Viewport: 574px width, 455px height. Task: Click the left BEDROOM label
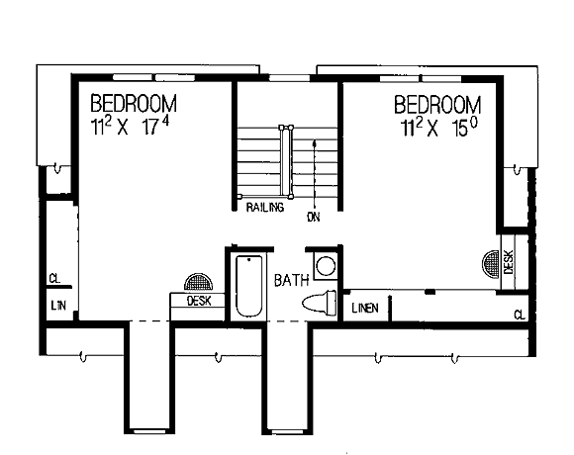click(134, 103)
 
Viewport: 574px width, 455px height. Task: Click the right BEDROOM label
click(437, 105)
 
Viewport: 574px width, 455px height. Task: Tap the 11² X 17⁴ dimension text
click(131, 127)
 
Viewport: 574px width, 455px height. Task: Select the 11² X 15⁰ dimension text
click(439, 128)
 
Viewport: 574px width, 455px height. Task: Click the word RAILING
click(265, 208)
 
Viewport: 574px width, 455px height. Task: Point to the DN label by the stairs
click(314, 218)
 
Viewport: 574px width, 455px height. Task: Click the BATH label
click(291, 280)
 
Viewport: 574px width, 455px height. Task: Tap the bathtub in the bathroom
click(249, 286)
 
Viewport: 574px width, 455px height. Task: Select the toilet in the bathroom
click(320, 303)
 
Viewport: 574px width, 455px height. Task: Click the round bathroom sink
click(326, 266)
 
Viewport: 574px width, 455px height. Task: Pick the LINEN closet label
click(365, 309)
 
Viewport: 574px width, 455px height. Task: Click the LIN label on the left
click(58, 306)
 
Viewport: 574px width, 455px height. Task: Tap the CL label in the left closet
click(54, 279)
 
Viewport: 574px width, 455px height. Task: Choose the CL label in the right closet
click(520, 315)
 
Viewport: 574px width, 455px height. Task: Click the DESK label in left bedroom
click(199, 301)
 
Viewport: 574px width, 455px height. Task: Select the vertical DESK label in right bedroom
click(509, 262)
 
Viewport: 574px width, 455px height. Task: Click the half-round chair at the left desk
click(198, 283)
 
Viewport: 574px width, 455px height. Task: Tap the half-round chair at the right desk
click(491, 265)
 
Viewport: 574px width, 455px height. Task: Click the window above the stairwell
click(289, 78)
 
